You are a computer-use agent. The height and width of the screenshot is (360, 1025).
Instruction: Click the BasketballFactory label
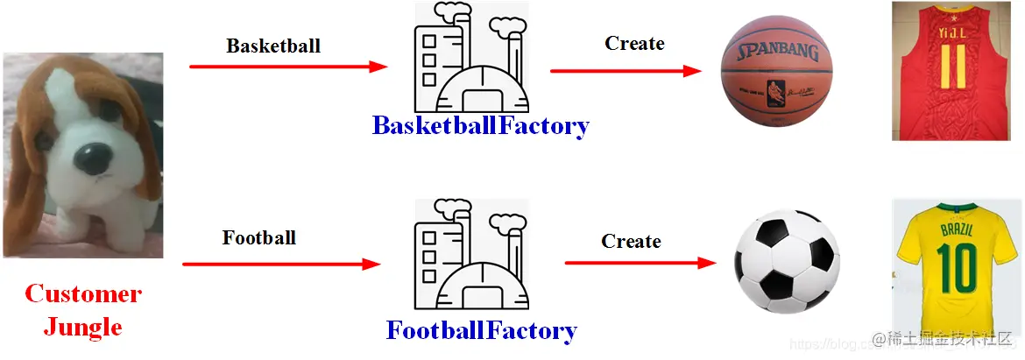point(481,125)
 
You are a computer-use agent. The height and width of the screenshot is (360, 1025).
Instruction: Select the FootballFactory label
point(481,330)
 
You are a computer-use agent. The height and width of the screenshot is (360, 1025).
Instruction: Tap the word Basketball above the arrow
point(273,46)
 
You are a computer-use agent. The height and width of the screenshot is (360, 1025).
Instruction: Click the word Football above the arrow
point(259,237)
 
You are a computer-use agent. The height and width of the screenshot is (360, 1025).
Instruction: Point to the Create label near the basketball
point(634,43)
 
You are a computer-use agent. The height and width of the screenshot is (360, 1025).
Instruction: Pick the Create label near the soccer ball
point(631,241)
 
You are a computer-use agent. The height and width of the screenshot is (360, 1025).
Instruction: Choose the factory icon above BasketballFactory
point(471,57)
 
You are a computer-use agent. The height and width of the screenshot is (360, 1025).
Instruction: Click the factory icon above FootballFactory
point(471,257)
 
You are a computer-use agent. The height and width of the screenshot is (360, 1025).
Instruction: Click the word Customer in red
point(82,293)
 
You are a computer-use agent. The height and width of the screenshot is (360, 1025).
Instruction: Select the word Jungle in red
point(82,328)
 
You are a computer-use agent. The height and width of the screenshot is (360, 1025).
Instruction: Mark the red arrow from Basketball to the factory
point(288,67)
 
